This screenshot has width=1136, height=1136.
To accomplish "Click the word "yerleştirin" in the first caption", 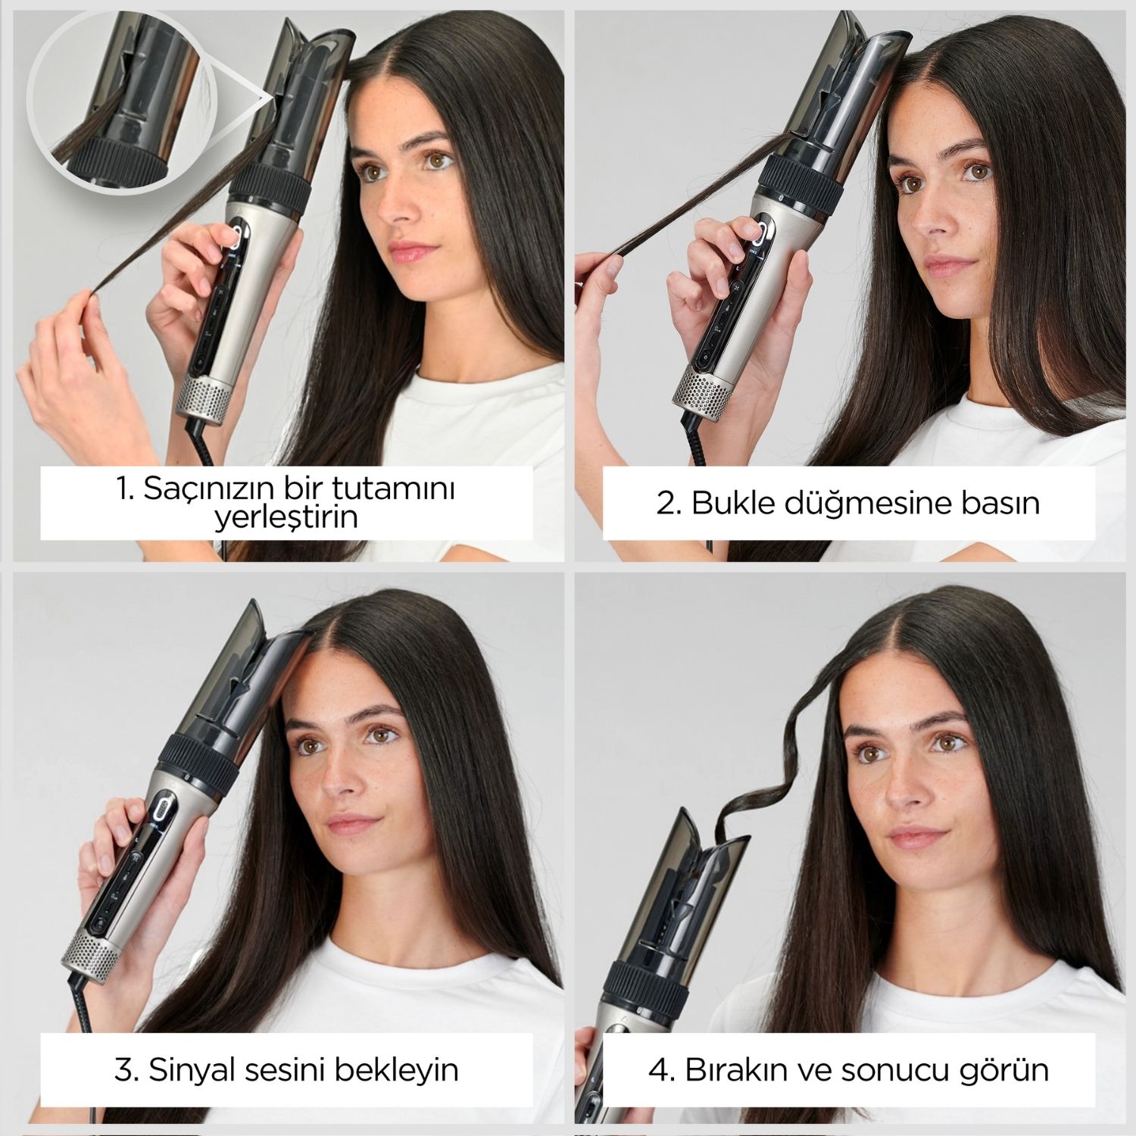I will pyautogui.click(x=286, y=520).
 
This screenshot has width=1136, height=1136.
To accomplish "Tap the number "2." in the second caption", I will pyautogui.click(x=669, y=503).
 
